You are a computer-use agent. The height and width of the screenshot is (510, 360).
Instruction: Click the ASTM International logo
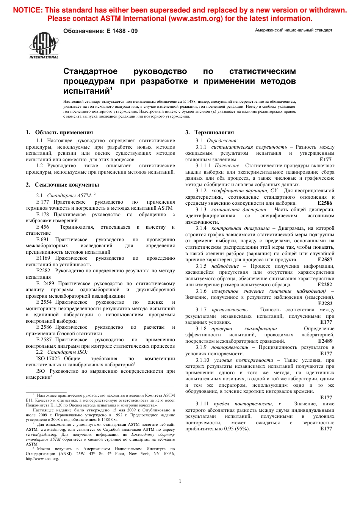pos(44,46)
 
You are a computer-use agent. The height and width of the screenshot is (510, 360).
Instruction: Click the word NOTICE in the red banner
pos(28,10)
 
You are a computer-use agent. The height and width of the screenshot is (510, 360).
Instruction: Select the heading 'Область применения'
pos(64,132)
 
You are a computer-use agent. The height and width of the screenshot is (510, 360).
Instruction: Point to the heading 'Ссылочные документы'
pos(67,185)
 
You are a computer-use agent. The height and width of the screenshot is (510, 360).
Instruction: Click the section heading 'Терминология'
pos(214,132)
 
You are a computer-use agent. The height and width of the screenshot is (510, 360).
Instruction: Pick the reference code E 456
pos(42,227)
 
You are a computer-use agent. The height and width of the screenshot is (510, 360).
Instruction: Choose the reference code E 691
pos(42,240)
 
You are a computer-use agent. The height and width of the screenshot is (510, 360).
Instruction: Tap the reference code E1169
pos(42,258)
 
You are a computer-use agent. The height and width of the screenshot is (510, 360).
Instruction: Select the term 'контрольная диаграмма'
pos(240,228)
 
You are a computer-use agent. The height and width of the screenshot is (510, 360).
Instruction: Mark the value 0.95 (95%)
pos(236,429)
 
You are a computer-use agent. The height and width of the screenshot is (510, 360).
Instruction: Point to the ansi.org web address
pos(42,459)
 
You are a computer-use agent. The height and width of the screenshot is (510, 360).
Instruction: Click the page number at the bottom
pos(180,481)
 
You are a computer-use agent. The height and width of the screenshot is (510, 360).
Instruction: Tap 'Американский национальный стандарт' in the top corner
pos(293,30)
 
